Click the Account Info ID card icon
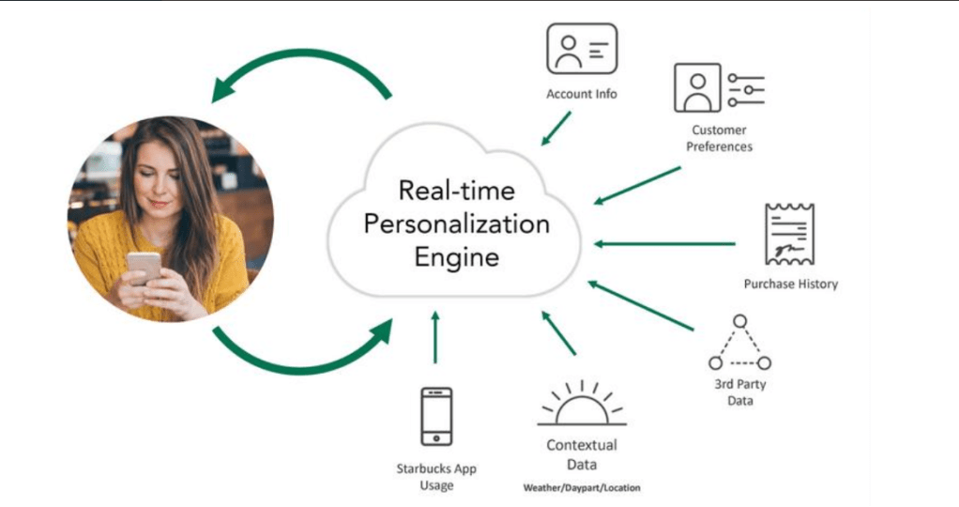[x=582, y=49]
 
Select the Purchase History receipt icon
[x=789, y=234]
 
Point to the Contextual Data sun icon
[x=582, y=405]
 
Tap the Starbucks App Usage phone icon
[x=436, y=416]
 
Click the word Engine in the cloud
[x=457, y=257]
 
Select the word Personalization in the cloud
[x=456, y=224]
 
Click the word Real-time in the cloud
[x=456, y=192]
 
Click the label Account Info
[x=582, y=94]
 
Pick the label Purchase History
[x=790, y=284]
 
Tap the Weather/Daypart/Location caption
[x=582, y=488]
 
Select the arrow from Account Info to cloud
[x=556, y=128]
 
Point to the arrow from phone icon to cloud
[x=435, y=337]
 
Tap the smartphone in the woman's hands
[x=145, y=266]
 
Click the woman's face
[x=154, y=178]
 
